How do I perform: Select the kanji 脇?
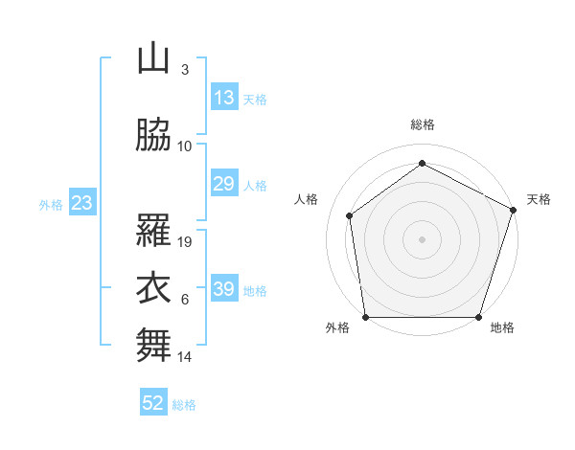point(153,136)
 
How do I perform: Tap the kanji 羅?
point(153,232)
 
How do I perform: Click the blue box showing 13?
point(223,98)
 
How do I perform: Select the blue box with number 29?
point(223,184)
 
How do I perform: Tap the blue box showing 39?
point(223,289)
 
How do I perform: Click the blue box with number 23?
point(81,203)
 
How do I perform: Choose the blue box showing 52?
point(153,403)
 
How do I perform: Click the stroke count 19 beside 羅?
point(186,242)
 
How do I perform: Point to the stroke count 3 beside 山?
point(184,70)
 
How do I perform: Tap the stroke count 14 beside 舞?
point(186,357)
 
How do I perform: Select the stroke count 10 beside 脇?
point(186,146)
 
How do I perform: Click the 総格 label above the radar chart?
point(423,124)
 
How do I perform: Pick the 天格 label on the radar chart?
point(539,199)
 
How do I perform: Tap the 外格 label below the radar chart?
point(337,328)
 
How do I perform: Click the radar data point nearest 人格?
point(350,215)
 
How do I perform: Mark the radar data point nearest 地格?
point(479,317)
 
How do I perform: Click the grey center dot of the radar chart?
point(422,238)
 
